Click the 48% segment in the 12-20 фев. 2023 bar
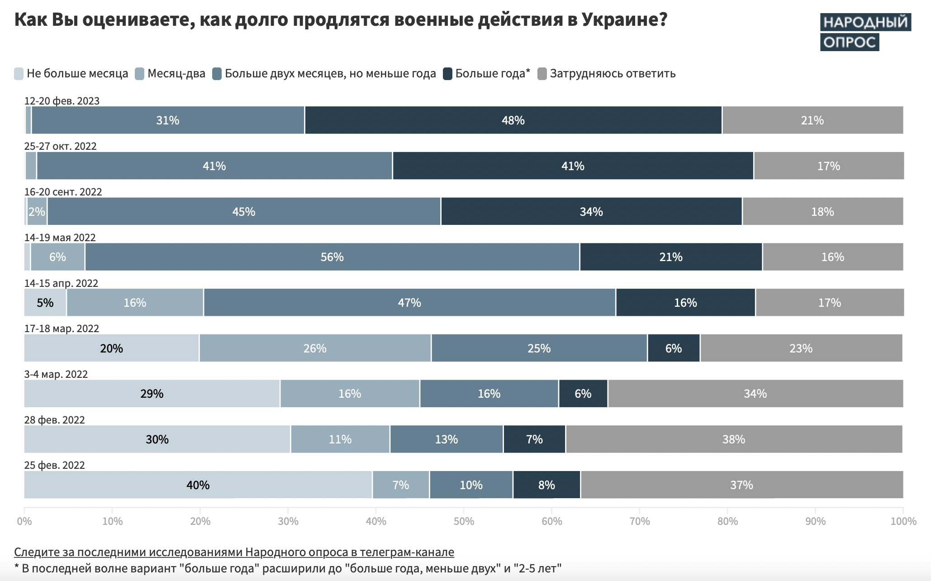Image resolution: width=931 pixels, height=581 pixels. coord(513,120)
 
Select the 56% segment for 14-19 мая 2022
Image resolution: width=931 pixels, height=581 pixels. coord(332,257)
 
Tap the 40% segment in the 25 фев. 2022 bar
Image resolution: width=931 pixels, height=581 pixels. coord(198,485)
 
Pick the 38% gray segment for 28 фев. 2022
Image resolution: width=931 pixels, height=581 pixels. coord(733,439)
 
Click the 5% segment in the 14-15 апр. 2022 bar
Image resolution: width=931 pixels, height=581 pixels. coord(45,303)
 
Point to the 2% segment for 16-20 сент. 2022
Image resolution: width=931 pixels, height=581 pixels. coord(37,212)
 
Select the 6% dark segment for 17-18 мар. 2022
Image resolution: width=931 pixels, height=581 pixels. coord(673,348)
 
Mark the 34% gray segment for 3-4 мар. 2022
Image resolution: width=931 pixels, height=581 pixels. coord(755,394)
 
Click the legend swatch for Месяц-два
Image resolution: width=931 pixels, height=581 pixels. coord(140,74)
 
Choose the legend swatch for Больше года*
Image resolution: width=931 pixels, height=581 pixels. coord(447,74)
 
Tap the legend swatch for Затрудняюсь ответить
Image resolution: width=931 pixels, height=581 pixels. coord(542,74)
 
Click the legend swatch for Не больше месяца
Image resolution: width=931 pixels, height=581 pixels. coord(19,74)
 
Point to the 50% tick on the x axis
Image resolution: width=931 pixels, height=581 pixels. coord(464,521)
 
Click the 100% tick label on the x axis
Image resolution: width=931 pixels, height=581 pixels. coord(903,521)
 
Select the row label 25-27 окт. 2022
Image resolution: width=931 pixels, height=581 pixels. coord(60,146)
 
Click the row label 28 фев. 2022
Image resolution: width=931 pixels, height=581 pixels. coord(54,420)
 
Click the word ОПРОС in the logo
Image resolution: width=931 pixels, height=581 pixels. coord(849,43)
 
